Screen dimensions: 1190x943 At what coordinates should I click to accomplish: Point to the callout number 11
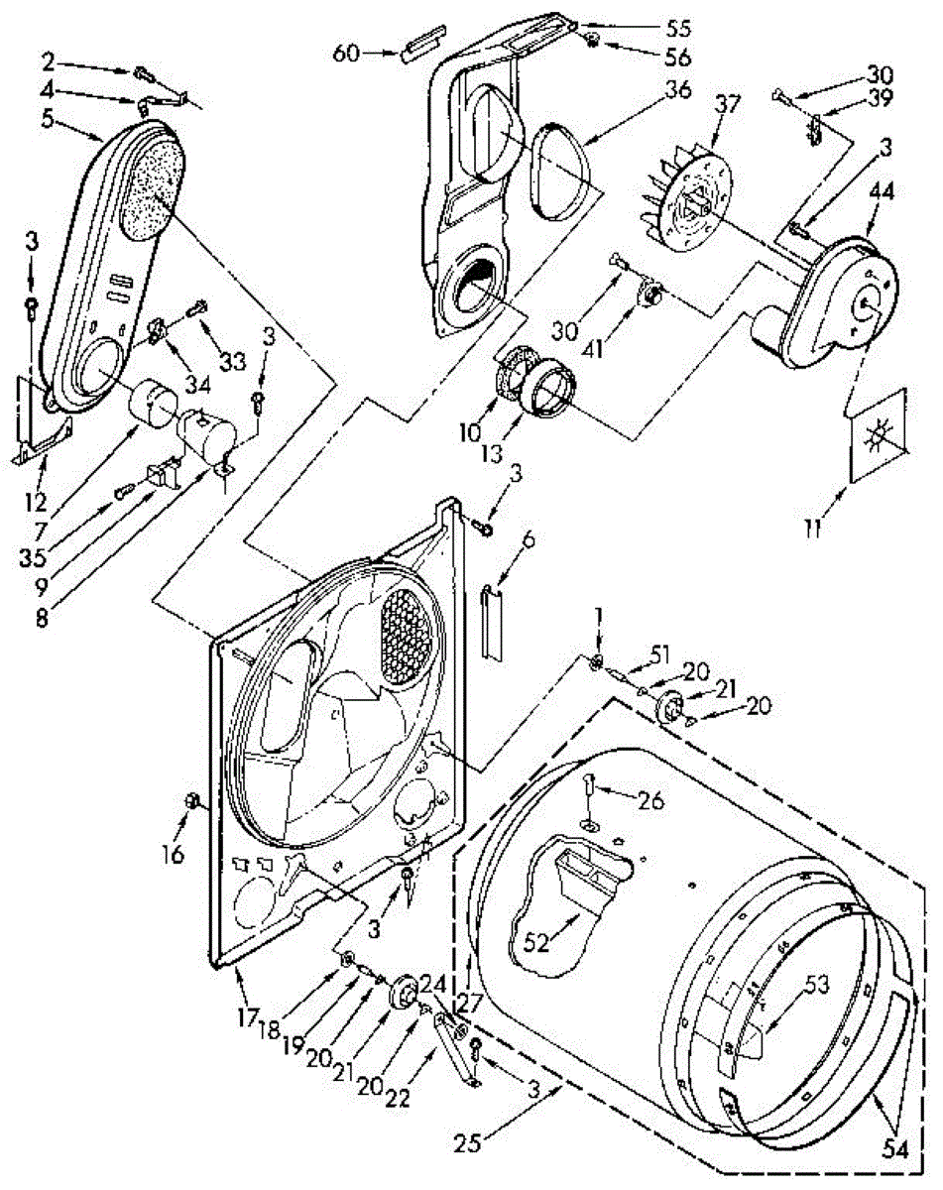(x=812, y=530)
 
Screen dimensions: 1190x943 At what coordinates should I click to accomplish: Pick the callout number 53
(x=816, y=985)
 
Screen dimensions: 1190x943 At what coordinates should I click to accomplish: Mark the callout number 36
(x=677, y=88)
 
